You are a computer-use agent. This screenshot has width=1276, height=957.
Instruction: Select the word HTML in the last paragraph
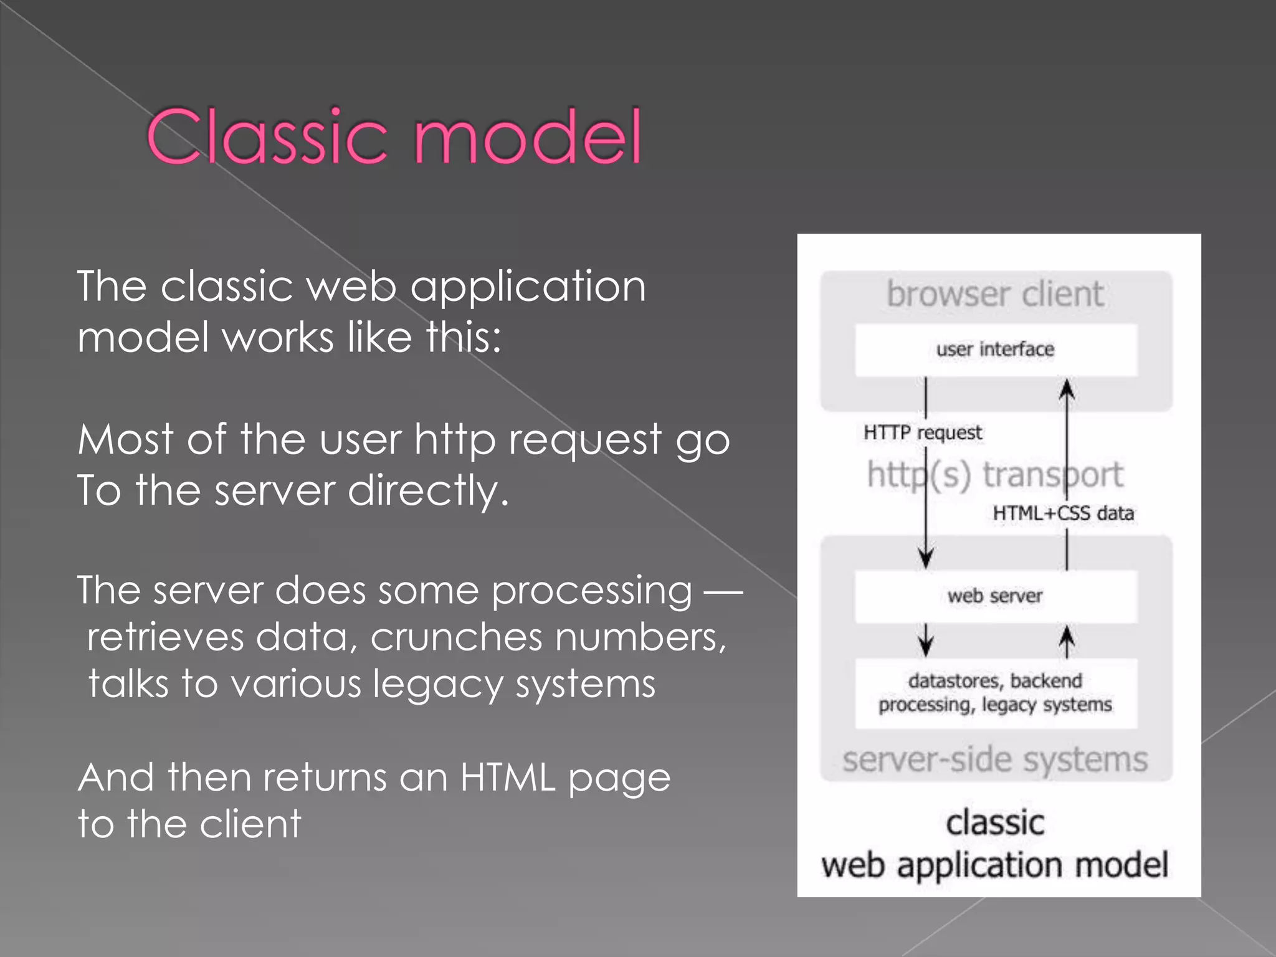pyautogui.click(x=508, y=778)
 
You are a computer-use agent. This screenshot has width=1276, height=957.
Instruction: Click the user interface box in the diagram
pyautogui.click(x=996, y=350)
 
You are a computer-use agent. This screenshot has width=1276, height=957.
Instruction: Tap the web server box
pyautogui.click(x=996, y=596)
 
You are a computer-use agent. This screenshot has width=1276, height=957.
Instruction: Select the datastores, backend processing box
pyautogui.click(x=996, y=693)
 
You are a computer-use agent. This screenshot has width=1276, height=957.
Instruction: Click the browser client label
pyautogui.click(x=996, y=294)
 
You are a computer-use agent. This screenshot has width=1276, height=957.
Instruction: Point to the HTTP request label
pyautogui.click(x=922, y=432)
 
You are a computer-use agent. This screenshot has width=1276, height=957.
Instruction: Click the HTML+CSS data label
pyautogui.click(x=1063, y=513)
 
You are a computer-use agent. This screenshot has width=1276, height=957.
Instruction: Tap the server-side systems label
pyautogui.click(x=996, y=760)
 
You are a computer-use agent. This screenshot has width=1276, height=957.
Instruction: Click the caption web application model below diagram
pyautogui.click(x=994, y=865)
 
